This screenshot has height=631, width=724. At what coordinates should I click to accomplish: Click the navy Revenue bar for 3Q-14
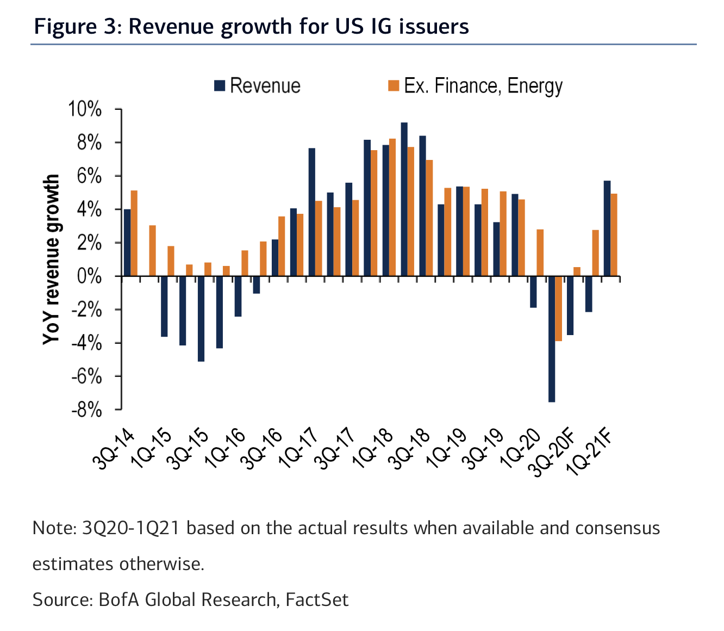pos(127,243)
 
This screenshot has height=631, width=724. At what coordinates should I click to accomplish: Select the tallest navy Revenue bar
pos(404,199)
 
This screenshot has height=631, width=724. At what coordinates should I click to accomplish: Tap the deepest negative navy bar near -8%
pos(552,339)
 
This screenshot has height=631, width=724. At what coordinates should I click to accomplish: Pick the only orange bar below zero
pos(559,308)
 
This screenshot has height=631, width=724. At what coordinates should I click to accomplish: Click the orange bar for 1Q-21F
pos(614,235)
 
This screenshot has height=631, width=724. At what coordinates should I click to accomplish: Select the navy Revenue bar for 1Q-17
pos(312,212)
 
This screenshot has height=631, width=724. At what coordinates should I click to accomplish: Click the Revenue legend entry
pos(258,86)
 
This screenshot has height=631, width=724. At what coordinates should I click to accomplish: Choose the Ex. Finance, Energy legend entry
pos(475,86)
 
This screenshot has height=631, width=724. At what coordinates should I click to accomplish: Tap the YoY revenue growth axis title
pos(51,259)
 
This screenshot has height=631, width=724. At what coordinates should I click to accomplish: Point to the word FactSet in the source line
pos(317,599)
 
